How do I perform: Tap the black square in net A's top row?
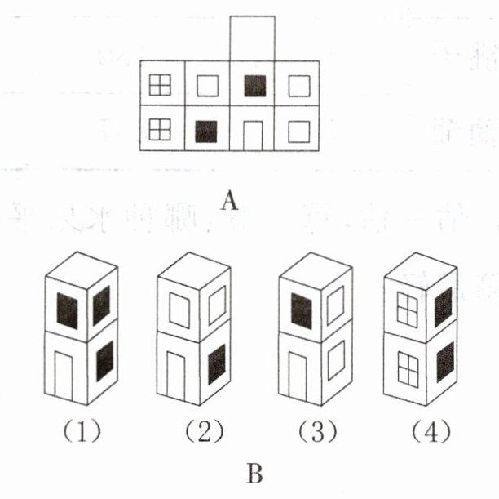coord(254,86)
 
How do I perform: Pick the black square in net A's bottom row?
coord(207,131)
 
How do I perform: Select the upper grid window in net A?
coord(161,85)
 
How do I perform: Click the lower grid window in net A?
coord(161,129)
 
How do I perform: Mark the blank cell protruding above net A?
coord(253,38)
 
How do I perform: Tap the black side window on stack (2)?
coord(217,364)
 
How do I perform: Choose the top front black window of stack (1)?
coord(67,311)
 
